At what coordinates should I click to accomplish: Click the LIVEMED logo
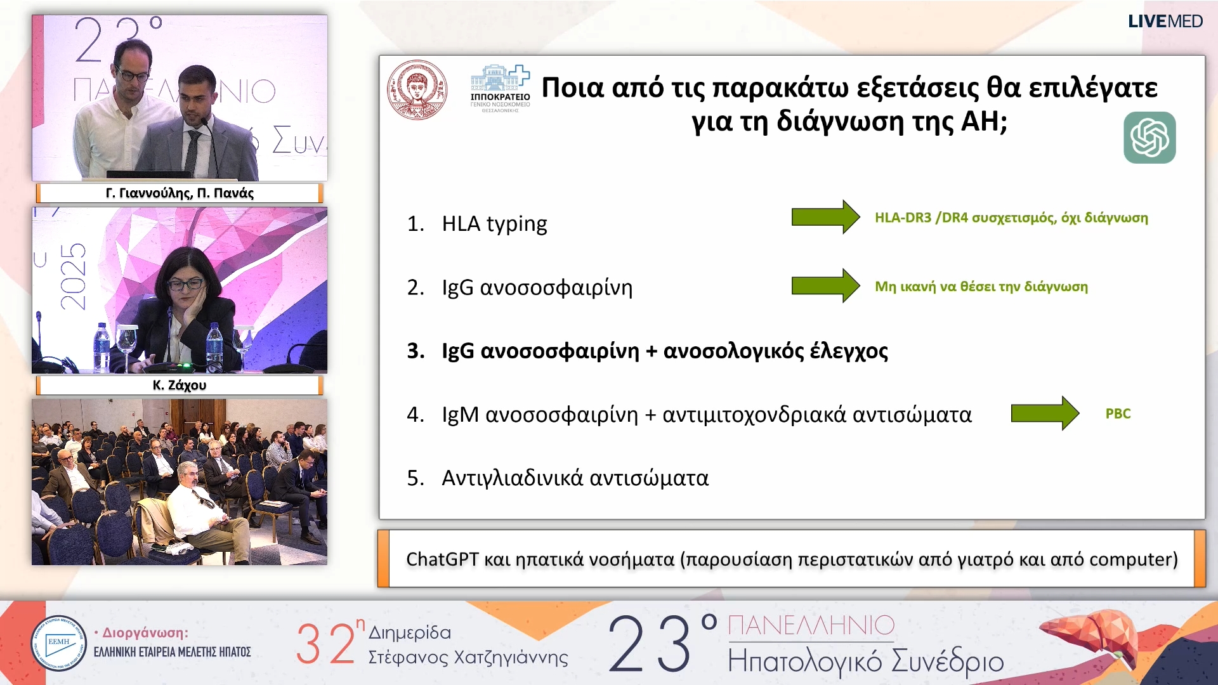tap(1165, 22)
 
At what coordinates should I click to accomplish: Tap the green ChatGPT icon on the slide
tap(1149, 138)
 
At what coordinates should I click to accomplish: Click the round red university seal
tap(417, 89)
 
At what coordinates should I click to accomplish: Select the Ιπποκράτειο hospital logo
tap(500, 89)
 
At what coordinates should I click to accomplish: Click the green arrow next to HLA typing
tap(825, 217)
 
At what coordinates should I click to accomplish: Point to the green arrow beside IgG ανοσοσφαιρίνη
tap(825, 285)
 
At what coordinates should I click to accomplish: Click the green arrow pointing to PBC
tap(1044, 414)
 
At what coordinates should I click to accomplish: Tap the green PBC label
tap(1118, 414)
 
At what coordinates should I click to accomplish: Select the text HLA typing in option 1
tap(494, 224)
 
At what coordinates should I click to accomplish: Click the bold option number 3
tap(416, 351)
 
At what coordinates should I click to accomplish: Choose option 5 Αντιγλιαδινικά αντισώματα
tap(574, 478)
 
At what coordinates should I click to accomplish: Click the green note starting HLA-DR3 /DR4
tap(1011, 218)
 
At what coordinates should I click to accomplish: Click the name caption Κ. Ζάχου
tap(180, 385)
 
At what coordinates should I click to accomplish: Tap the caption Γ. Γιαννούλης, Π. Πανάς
tap(180, 193)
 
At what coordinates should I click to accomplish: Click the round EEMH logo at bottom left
tap(58, 643)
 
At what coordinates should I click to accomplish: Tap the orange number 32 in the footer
tap(325, 644)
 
